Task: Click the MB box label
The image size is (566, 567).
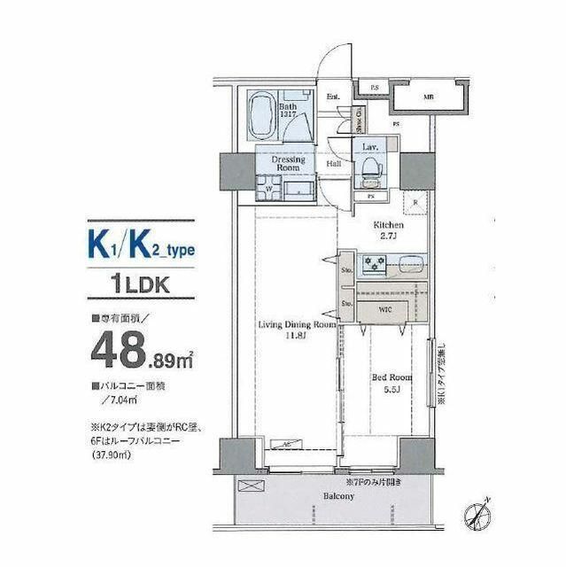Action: [x=428, y=97]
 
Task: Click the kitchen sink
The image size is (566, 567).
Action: [x=410, y=263]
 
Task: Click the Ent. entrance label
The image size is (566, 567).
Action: [x=334, y=97]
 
